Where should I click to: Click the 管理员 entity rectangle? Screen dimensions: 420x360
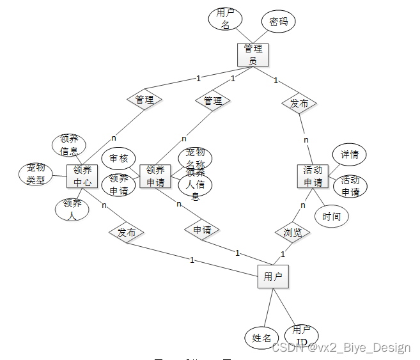253,54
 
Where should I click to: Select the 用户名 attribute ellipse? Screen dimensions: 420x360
224,19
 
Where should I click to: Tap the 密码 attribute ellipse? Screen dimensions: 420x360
278,21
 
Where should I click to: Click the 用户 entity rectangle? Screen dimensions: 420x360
273,276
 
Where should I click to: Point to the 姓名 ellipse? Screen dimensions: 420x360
261,338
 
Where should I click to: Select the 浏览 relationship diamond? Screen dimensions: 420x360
293,232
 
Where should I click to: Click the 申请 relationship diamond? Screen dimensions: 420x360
202,230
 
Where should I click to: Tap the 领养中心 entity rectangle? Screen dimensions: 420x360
82,176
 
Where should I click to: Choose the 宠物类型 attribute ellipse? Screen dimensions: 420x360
36,174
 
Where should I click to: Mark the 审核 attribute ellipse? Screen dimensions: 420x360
119,159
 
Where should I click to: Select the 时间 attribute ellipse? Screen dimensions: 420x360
332,216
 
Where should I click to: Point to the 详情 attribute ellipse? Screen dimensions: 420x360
349,155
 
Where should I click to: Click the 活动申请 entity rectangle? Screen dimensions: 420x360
313,176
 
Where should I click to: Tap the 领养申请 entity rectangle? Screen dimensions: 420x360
155,176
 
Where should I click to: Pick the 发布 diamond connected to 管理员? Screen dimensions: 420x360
299,103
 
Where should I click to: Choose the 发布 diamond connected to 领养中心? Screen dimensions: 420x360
127,232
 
